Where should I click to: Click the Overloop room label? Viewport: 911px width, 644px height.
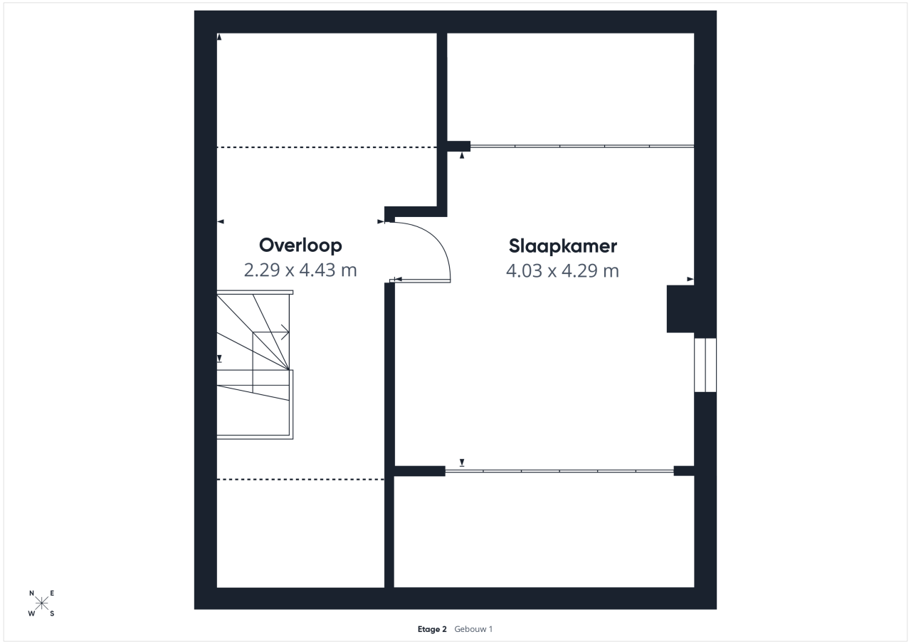click(300, 246)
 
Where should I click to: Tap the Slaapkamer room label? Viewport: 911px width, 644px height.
click(563, 246)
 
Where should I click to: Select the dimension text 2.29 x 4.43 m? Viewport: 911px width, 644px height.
click(300, 270)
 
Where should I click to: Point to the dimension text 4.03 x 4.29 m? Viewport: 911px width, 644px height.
click(562, 271)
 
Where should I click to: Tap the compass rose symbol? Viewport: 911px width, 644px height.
click(42, 603)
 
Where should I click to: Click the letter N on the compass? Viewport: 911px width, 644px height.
click(32, 593)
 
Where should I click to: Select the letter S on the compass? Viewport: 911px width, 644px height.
click(52, 613)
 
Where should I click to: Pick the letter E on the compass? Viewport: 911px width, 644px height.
click(52, 593)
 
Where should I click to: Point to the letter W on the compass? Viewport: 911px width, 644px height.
click(31, 613)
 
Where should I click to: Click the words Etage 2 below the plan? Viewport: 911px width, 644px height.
click(432, 629)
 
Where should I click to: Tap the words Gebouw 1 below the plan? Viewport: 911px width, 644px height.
click(473, 629)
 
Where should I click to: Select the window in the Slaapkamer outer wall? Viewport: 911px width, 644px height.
click(705, 365)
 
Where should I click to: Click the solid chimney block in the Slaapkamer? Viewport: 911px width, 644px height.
click(680, 309)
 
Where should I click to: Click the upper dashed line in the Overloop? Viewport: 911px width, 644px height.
click(327, 147)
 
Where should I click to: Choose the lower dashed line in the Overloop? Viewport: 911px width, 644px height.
click(300, 480)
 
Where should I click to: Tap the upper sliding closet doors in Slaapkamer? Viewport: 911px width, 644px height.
click(582, 146)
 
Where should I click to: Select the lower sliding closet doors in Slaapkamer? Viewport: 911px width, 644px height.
click(559, 471)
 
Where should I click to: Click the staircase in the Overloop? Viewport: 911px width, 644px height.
click(255, 364)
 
